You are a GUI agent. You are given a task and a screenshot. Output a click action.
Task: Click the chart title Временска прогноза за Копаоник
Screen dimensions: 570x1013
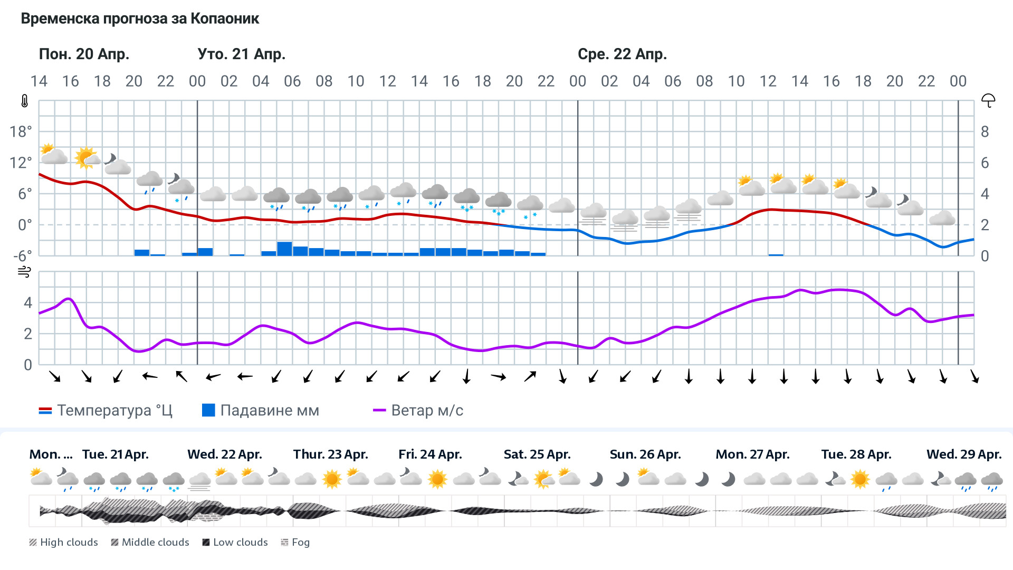click(140, 19)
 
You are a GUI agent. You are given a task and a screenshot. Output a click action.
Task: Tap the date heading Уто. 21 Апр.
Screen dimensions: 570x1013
click(241, 54)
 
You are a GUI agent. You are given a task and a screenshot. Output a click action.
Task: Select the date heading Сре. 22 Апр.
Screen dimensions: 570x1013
click(622, 54)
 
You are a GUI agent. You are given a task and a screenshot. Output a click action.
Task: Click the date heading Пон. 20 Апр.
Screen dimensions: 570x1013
click(84, 54)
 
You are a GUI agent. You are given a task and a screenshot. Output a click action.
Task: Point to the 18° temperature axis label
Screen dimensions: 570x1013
click(21, 131)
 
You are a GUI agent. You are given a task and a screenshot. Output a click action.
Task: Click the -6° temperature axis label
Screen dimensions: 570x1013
click(22, 256)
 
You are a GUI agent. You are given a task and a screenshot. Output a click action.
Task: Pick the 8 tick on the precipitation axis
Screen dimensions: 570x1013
click(985, 131)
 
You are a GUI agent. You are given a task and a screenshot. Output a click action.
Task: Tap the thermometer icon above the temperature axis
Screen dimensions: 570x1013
click(24, 101)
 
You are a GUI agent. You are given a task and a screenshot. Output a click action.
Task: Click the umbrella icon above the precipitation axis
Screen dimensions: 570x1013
click(988, 100)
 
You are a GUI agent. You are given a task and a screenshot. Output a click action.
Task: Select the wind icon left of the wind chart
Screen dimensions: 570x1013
click(24, 272)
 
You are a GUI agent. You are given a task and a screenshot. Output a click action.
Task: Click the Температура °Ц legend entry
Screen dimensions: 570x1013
click(106, 411)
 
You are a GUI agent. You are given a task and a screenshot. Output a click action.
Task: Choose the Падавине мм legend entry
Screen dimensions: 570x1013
click(261, 411)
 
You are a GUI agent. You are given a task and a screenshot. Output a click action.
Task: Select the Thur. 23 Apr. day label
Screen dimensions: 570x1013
click(330, 454)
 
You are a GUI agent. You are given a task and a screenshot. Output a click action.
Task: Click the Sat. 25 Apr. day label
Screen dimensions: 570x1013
click(537, 454)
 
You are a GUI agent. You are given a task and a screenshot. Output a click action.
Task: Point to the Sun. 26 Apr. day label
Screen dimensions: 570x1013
click(645, 454)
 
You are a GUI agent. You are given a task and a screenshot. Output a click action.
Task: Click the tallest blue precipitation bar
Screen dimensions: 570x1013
click(284, 249)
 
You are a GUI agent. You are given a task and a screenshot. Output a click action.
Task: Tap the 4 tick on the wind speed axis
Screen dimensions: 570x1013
click(28, 302)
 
